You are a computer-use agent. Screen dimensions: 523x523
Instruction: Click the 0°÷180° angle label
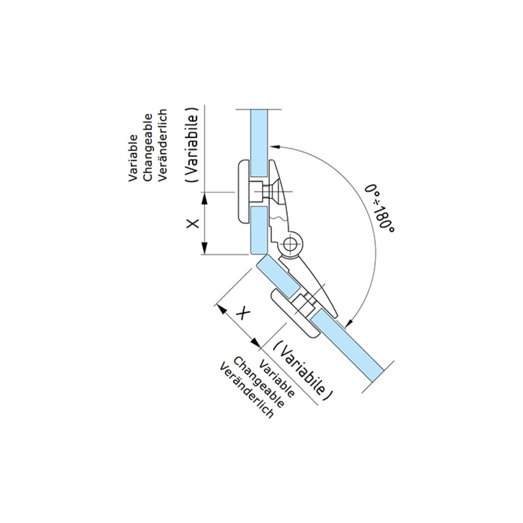[x=380, y=208]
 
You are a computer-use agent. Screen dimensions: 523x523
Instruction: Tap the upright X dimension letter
[x=193, y=224]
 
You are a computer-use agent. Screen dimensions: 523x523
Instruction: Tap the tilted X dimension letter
[x=243, y=314]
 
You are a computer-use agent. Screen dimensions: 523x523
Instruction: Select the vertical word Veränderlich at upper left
[x=162, y=145]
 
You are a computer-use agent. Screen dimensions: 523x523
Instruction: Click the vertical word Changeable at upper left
[x=148, y=147]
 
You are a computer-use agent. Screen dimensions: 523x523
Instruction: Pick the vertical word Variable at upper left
[x=133, y=158]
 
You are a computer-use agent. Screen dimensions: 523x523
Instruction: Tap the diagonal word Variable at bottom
[x=277, y=379]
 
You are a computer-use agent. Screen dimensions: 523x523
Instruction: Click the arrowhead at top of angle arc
[x=275, y=146]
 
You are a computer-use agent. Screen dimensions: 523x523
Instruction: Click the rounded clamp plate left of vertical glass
[x=244, y=192]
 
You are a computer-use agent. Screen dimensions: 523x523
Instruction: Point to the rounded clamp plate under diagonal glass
[x=295, y=313]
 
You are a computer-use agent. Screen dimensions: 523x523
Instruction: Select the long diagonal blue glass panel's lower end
[x=378, y=375]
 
